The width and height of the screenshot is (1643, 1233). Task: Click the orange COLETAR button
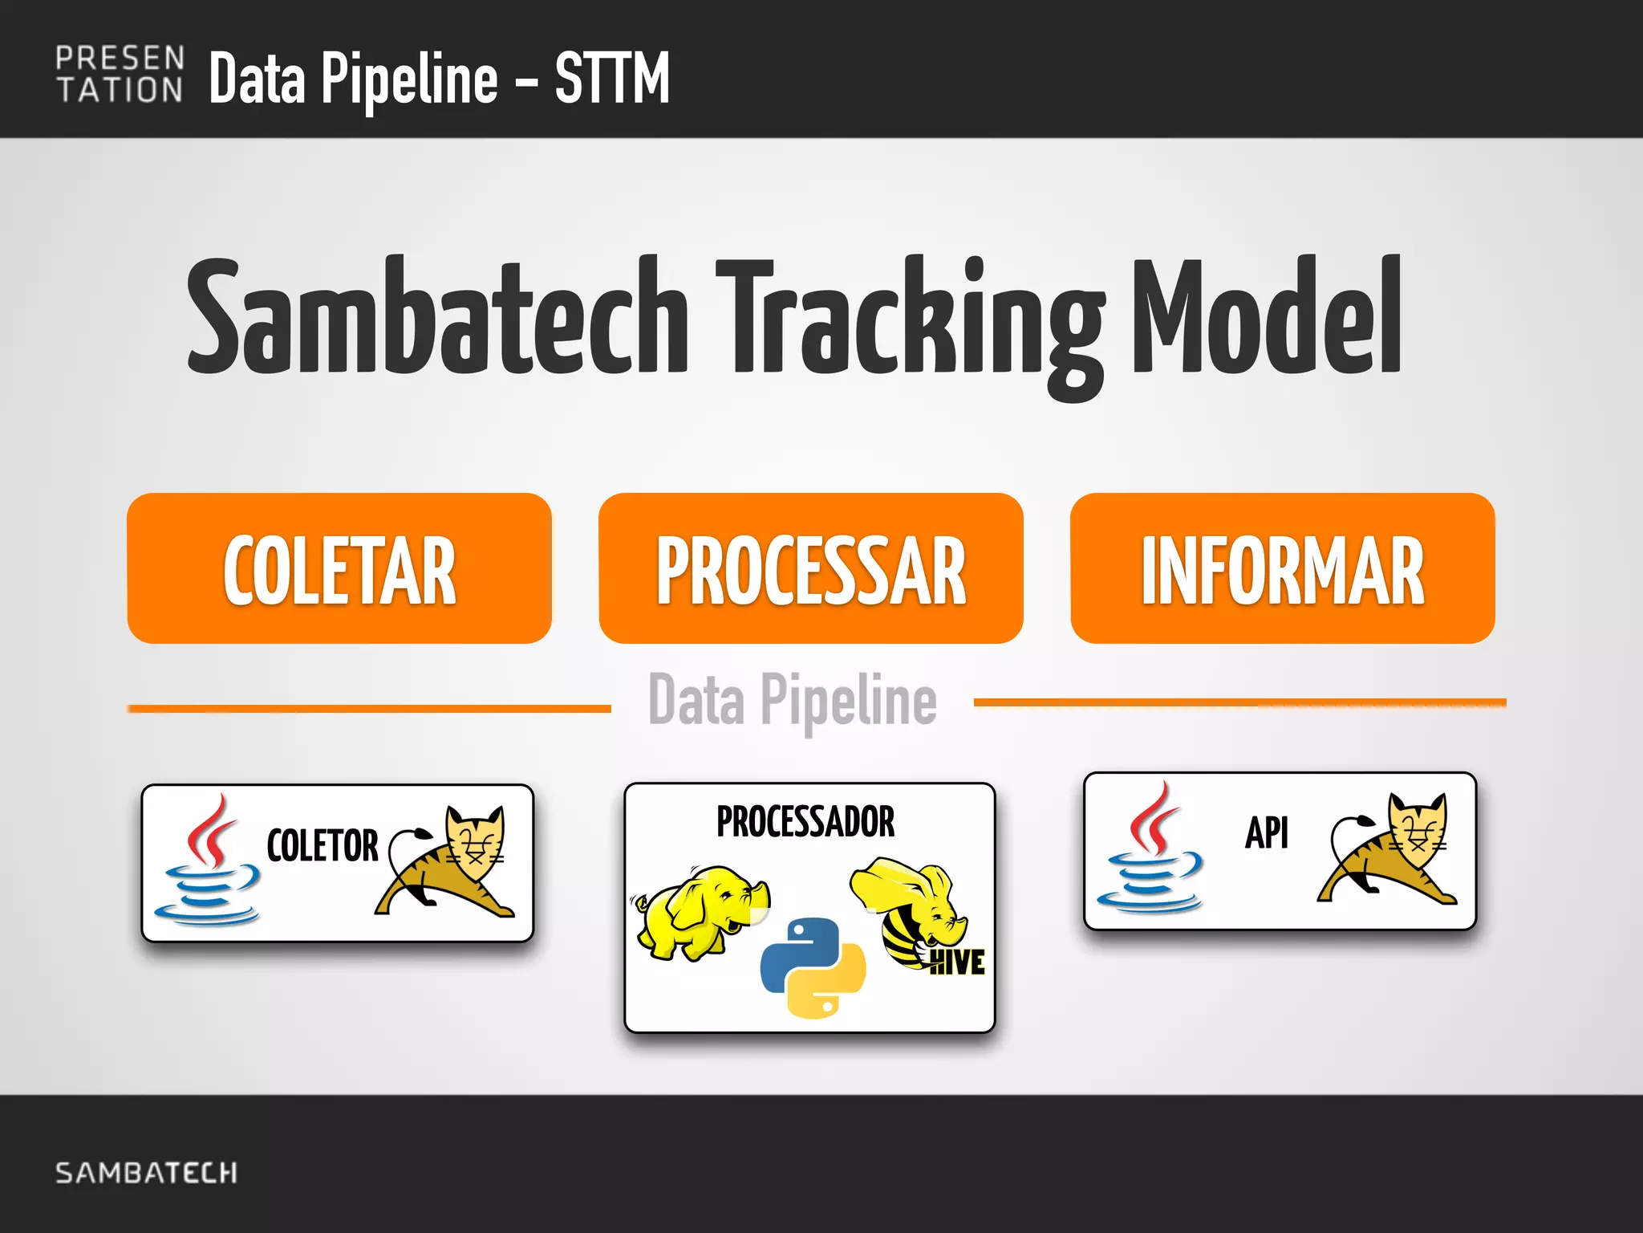point(339,568)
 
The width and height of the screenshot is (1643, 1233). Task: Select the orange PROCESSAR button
point(810,568)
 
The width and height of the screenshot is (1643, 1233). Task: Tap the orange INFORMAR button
point(1282,568)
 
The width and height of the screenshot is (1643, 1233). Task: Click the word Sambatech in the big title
point(437,317)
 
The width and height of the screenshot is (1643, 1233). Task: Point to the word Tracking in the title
point(911,321)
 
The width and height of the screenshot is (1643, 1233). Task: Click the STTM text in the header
point(611,78)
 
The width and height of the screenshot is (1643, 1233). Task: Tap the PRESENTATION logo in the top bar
point(120,75)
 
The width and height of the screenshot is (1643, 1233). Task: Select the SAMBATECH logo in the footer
point(146,1173)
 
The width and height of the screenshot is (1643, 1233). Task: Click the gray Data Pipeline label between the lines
point(792,701)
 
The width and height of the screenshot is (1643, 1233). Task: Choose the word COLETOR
point(322,845)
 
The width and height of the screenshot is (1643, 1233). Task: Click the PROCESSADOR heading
point(805,821)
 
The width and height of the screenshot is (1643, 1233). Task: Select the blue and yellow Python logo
point(812,967)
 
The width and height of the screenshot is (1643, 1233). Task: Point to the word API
point(1267,832)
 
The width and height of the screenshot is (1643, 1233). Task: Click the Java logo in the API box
point(1151,851)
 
